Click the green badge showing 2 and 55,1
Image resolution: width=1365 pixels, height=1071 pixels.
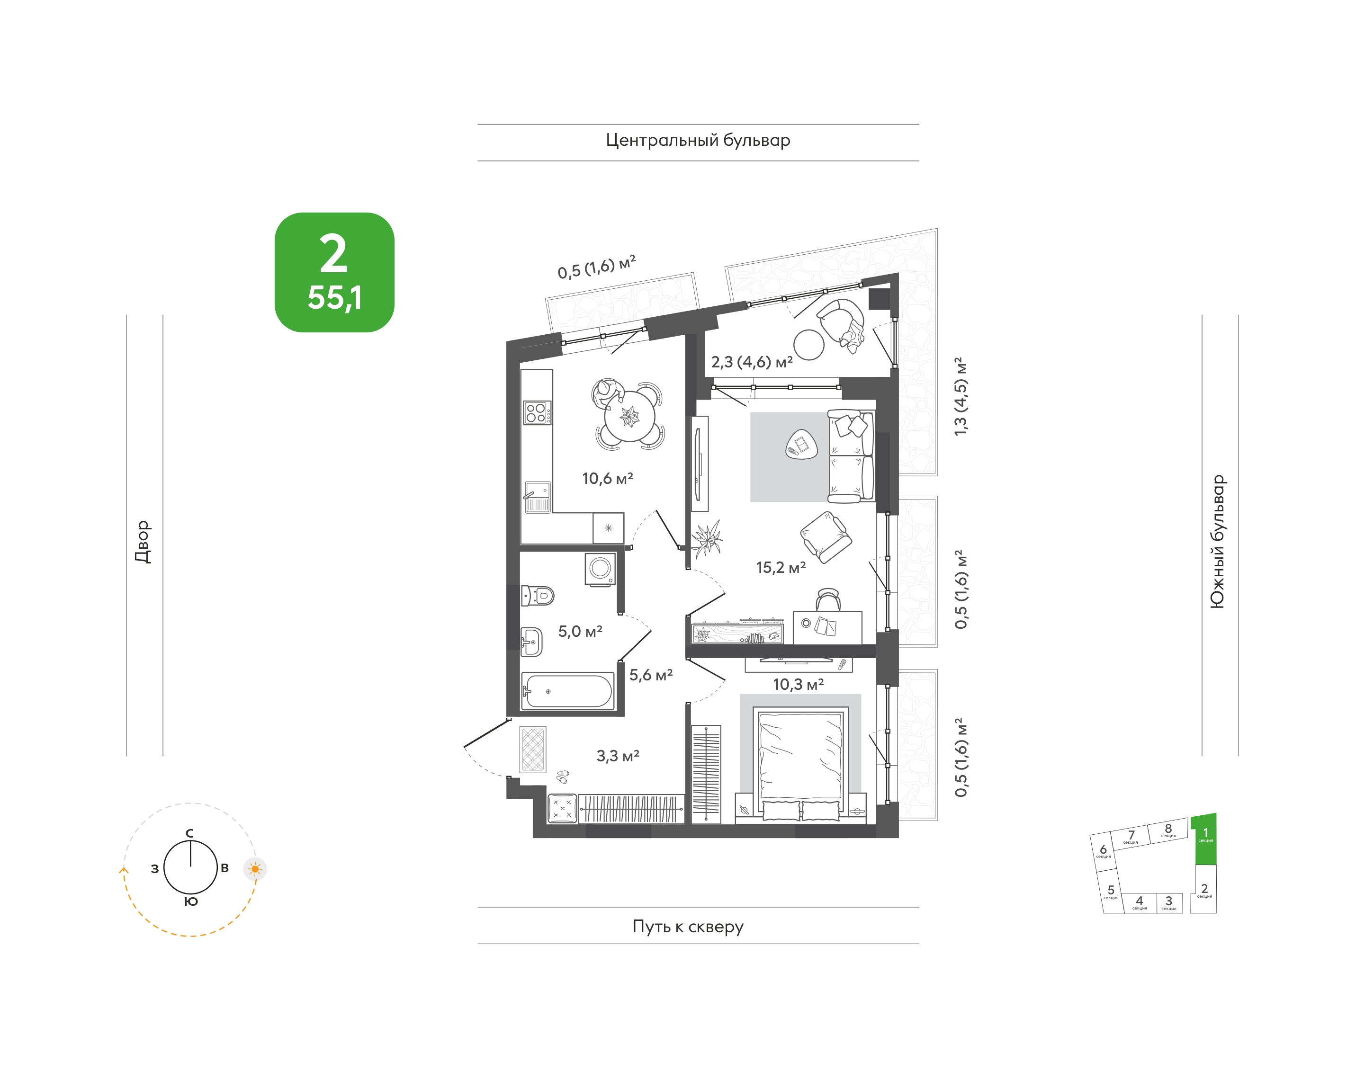tap(334, 272)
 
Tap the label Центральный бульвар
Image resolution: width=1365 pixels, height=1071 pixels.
tap(698, 141)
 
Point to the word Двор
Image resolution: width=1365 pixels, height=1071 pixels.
tap(143, 542)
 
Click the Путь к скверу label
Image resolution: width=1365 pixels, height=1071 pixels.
tap(688, 927)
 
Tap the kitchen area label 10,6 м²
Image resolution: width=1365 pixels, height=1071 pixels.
tap(607, 478)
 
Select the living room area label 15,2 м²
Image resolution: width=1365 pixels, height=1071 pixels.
tap(781, 568)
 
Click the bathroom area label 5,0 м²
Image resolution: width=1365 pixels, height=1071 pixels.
tap(580, 632)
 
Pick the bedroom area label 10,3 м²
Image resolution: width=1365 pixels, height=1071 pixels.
tap(798, 684)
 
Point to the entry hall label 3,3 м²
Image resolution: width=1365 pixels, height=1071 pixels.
tap(618, 756)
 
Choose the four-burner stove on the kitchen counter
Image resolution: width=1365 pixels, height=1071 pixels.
tap(538, 412)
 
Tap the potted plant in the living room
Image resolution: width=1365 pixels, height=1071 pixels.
tap(707, 538)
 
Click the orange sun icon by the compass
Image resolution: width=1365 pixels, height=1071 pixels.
tap(255, 869)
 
